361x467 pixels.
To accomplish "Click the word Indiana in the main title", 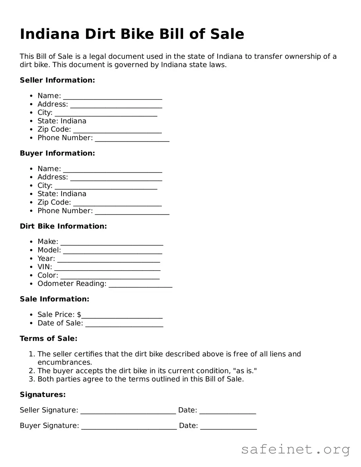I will [x=49, y=34].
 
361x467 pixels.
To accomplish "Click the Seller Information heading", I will [x=57, y=80].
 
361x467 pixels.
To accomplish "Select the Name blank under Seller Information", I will [x=112, y=97].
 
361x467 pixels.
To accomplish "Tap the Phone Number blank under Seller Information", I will [x=132, y=139].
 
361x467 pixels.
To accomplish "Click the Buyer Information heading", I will [x=57, y=153].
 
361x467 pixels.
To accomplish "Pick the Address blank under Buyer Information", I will [x=116, y=178].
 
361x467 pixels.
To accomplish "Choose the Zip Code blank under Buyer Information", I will [x=117, y=203].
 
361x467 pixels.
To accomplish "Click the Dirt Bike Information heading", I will [x=63, y=226].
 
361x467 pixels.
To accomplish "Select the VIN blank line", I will [x=107, y=268].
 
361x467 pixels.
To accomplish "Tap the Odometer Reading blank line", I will [x=140, y=284].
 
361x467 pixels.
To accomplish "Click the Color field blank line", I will [x=110, y=276].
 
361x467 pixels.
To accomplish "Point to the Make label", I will [x=48, y=242].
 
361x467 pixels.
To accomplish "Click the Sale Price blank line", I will [x=122, y=315].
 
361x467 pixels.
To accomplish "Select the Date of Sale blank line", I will [x=124, y=324].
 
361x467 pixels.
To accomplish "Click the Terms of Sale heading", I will [x=48, y=339].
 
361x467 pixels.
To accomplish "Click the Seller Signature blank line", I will [x=128, y=411].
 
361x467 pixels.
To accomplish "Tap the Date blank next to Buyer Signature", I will [x=228, y=426].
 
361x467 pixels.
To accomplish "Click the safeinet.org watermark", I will [x=295, y=449].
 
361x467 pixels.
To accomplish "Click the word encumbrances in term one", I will [x=65, y=362].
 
